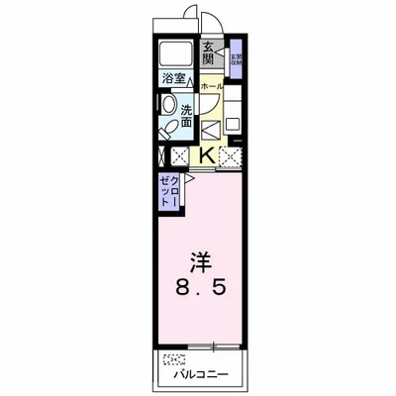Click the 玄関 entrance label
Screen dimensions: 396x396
(209, 53)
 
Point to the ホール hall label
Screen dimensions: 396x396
(211, 87)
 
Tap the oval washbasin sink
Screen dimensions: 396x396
(168, 105)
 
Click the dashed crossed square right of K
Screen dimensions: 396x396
(231, 153)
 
